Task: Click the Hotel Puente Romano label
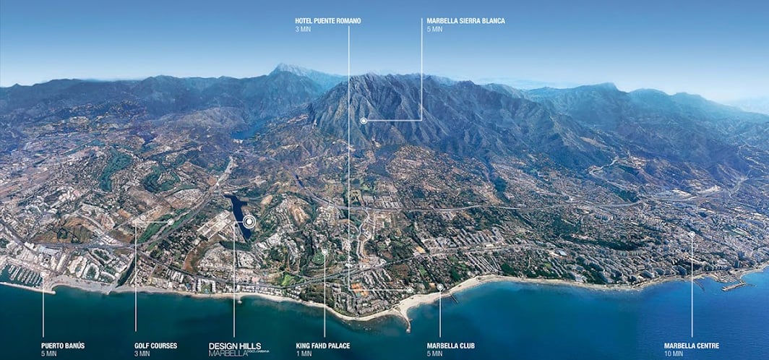click(327, 21)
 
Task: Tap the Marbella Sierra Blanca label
click(465, 21)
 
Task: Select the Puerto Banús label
click(63, 346)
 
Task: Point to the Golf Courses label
click(155, 346)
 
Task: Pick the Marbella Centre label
click(692, 346)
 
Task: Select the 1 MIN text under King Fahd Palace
click(304, 353)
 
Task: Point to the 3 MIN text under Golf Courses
click(142, 353)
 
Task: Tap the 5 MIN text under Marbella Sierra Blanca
click(434, 30)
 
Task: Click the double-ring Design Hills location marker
click(249, 221)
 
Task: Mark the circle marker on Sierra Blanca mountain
click(364, 121)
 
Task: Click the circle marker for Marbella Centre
click(692, 234)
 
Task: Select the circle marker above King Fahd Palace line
click(325, 252)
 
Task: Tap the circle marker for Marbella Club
click(439, 287)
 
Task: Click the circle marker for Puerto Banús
click(43, 274)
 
